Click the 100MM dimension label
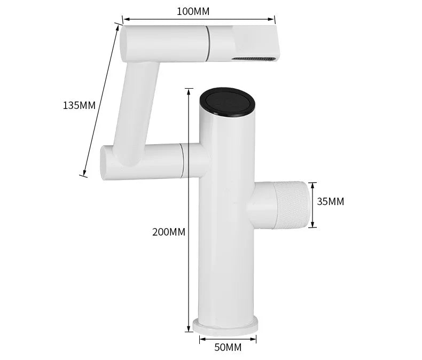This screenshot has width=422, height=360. [x=193, y=11]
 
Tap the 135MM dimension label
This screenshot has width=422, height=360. [x=79, y=105]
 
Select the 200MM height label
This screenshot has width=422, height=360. [x=169, y=232]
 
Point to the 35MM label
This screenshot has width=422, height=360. [x=331, y=201]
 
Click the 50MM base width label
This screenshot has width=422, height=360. [x=228, y=348]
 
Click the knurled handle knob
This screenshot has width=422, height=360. [x=292, y=205]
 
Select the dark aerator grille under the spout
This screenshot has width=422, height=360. [x=255, y=57]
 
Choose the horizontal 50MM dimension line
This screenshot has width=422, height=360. [x=228, y=338]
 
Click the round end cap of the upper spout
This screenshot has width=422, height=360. [x=125, y=43]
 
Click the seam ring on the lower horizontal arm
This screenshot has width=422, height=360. [x=182, y=161]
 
